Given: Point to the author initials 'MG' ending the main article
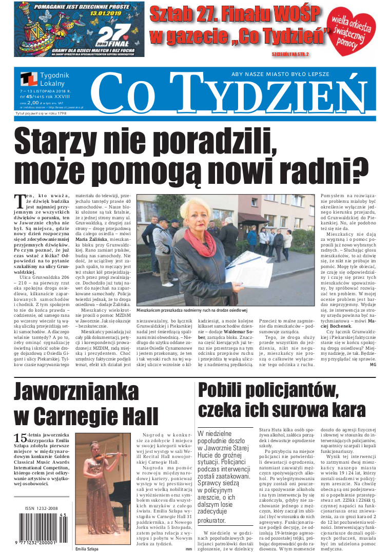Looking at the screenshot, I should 373,365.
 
